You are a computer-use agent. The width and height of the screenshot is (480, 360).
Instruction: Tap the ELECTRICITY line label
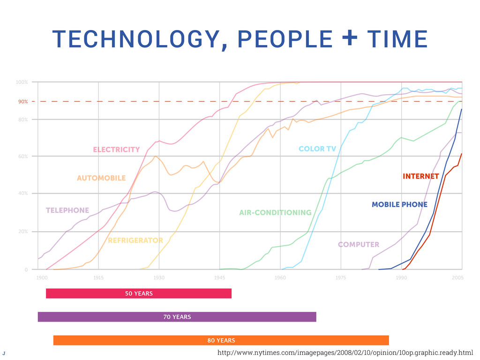tap(116, 150)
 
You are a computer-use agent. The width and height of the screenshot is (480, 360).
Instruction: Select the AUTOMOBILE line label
tap(101, 178)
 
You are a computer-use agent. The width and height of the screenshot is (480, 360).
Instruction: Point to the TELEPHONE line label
tap(67, 210)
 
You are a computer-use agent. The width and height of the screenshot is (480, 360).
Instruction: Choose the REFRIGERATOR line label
tap(135, 240)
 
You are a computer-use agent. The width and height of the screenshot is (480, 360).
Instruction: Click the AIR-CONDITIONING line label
tap(275, 213)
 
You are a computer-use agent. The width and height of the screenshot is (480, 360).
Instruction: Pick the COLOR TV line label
tap(317, 149)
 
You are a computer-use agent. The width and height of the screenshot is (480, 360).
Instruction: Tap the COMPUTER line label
tap(359, 245)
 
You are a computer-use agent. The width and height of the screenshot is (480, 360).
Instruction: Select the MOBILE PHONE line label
tap(399, 204)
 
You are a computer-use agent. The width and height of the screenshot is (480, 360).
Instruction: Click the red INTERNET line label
tap(420, 177)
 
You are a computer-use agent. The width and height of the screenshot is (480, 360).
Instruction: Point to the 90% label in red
tap(23, 101)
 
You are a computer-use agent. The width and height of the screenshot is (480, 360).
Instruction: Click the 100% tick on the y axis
tap(22, 82)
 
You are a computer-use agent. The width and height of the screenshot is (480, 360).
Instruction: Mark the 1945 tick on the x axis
tap(219, 278)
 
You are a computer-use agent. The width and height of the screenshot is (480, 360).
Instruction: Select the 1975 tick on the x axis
tap(341, 278)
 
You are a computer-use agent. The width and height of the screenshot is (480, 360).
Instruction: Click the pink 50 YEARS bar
tap(139, 293)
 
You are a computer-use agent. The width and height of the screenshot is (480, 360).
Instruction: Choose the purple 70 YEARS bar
tap(177, 317)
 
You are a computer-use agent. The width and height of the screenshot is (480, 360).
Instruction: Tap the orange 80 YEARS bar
tap(221, 340)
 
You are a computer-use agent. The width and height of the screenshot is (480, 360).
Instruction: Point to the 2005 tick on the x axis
tap(458, 278)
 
